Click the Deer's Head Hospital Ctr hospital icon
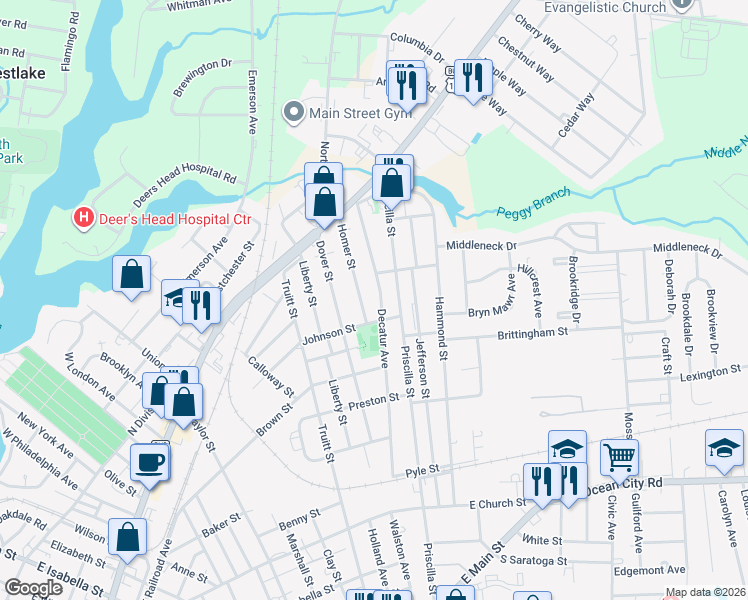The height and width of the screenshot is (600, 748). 84,217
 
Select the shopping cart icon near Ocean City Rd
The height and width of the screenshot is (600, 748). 619,458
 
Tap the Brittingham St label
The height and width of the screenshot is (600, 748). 533,331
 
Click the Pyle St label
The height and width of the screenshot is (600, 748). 423,470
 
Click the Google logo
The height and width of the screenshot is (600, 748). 33,588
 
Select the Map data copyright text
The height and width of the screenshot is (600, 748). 705,592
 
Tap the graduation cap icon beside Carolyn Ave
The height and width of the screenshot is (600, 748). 724,447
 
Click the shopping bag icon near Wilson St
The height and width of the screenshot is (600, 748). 129,537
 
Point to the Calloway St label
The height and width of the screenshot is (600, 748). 270,376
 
